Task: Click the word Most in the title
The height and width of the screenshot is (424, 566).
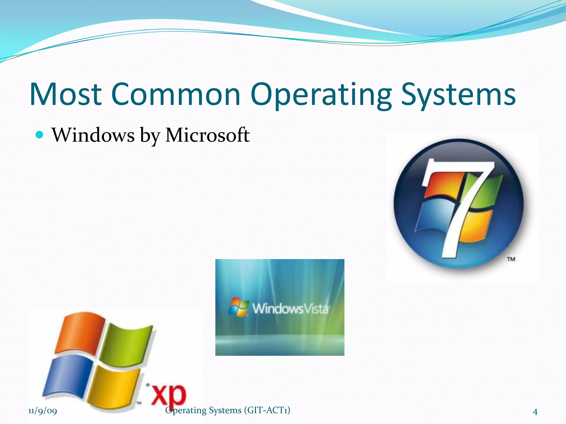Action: [x=65, y=94]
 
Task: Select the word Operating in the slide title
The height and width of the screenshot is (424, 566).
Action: [x=321, y=94]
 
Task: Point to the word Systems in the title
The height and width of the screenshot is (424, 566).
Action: [x=458, y=94]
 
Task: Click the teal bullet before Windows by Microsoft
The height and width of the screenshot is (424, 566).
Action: [x=40, y=135]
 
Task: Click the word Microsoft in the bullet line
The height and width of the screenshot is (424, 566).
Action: [x=207, y=135]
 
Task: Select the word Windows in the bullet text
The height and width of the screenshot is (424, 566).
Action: [x=93, y=135]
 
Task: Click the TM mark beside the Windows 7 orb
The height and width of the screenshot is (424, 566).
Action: [x=511, y=259]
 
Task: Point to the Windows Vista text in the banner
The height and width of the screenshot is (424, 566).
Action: [x=290, y=309]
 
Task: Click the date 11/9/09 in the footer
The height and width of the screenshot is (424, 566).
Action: [x=43, y=411]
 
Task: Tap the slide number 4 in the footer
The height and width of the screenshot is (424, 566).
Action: [x=535, y=412]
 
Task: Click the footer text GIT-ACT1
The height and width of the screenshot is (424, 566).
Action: [x=267, y=410]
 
